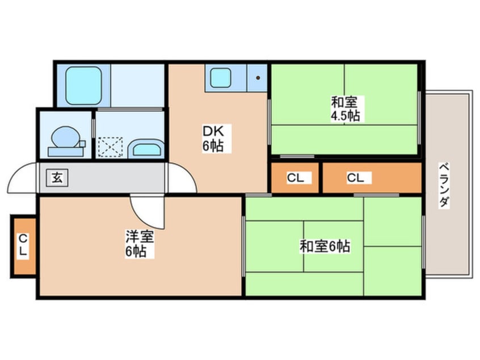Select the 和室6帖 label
pos(325,246)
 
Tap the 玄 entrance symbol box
pos(57,177)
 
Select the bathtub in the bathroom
pos(83,86)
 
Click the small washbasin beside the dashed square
pos(146,150)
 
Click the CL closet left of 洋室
pos(23,245)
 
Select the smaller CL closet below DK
pos(295,178)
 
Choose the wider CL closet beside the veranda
pos(372,178)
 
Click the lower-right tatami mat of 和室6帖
pos(393,271)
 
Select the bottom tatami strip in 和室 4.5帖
pos(344,139)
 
